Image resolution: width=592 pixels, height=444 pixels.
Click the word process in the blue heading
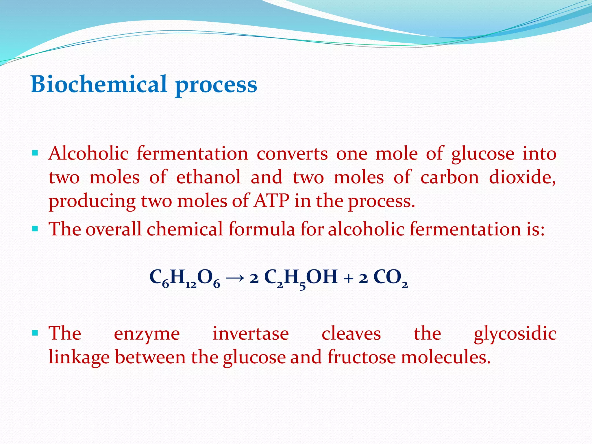click(x=216, y=85)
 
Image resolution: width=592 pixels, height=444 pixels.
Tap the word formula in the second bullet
click(x=262, y=229)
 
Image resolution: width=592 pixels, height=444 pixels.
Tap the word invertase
click(x=251, y=333)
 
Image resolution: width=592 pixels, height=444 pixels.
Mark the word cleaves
click(x=351, y=333)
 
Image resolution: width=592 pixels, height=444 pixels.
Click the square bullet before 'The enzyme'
click(x=35, y=333)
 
